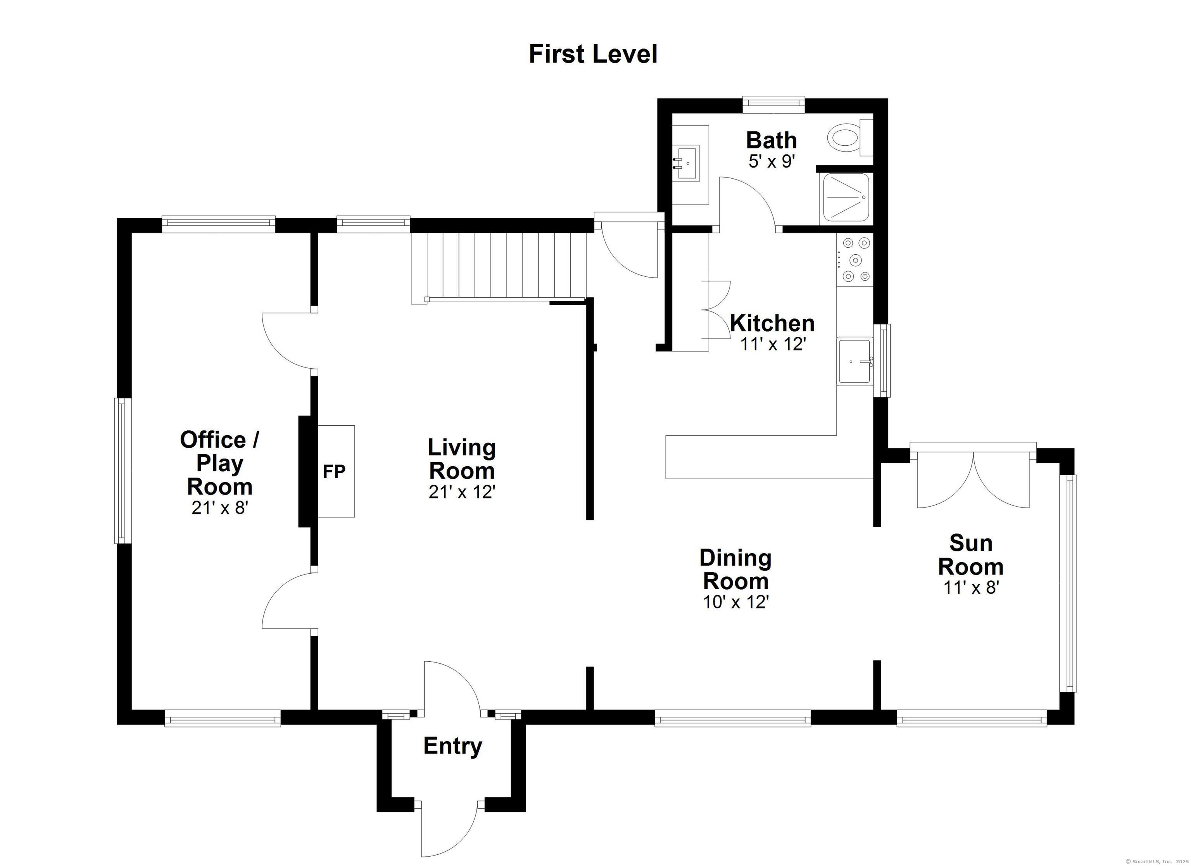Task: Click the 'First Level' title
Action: pos(593,55)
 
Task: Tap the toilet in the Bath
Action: pos(850,138)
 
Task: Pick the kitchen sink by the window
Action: pos(855,362)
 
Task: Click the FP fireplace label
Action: pos(334,472)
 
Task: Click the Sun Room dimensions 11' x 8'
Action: pos(971,588)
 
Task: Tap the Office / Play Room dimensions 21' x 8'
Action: pos(219,508)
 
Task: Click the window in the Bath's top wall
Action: pos(773,104)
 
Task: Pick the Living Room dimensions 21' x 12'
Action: pos(462,492)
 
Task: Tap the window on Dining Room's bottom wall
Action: pos(733,718)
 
